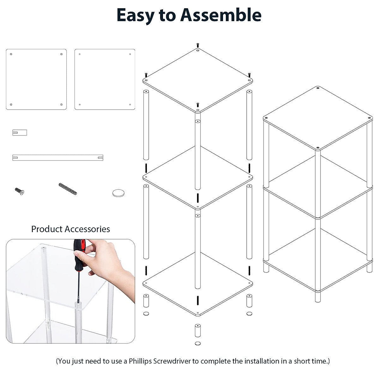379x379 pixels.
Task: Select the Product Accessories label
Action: [70, 229]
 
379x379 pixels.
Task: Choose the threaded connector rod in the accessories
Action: [68, 189]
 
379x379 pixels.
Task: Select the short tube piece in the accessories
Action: [20, 132]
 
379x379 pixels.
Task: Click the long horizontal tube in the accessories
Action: [58, 157]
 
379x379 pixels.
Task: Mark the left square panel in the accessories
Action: [36, 79]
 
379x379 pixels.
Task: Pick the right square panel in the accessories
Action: [105, 79]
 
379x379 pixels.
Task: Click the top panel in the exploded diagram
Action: [197, 81]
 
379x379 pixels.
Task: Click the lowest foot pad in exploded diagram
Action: [197, 343]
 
